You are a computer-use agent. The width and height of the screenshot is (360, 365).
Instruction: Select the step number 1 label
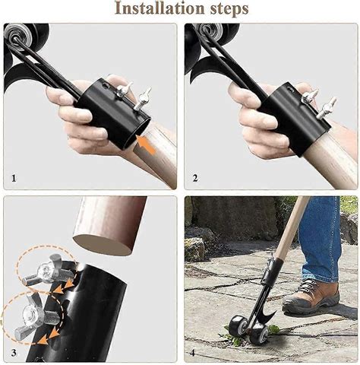tap(13, 179)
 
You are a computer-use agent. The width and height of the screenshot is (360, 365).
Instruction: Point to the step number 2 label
tap(195, 179)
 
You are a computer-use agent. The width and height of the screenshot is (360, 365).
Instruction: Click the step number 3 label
tap(13, 352)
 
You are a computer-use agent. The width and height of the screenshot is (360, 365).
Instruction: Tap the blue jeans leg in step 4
tap(319, 236)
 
